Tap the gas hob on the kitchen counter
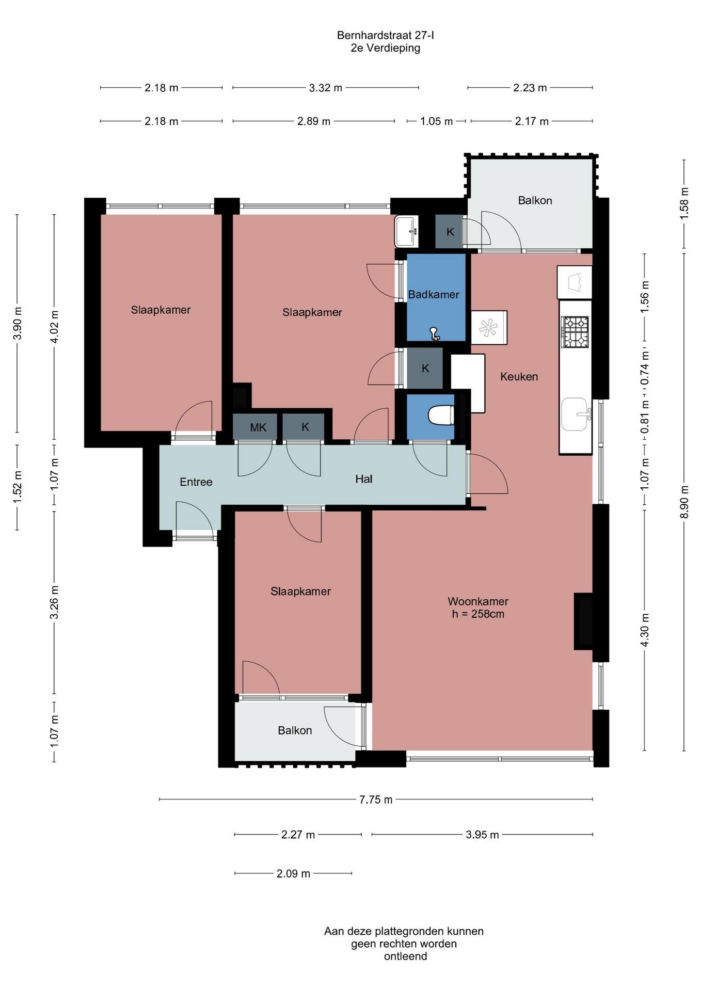(575, 331)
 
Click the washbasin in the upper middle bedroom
(406, 231)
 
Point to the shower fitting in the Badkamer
(435, 334)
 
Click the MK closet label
(258, 427)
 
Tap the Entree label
(196, 482)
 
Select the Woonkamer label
(478, 601)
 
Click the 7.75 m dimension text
(376, 800)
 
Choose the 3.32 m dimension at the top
(326, 88)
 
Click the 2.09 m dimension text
(293, 873)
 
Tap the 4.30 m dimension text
(645, 630)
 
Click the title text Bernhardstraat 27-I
(385, 35)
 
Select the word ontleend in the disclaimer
(405, 956)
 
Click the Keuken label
(519, 377)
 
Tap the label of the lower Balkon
(295, 730)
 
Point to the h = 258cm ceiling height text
(478, 614)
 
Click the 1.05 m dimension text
(436, 121)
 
